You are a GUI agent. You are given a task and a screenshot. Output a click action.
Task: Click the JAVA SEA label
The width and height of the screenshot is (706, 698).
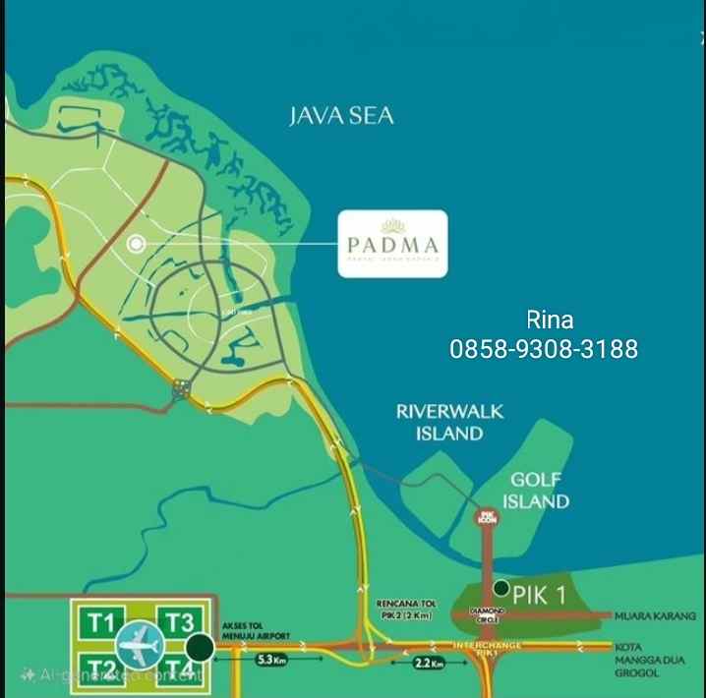coord(341,116)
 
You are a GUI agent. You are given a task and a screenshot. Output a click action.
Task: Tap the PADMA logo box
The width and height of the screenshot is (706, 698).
coord(392,244)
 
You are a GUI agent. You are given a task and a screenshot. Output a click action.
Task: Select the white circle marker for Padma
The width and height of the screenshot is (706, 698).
coord(136,243)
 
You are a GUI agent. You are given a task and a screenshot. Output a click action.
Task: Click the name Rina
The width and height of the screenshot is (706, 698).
coord(550,320)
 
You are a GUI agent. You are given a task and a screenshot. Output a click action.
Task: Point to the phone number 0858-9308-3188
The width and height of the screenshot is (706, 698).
coord(544,348)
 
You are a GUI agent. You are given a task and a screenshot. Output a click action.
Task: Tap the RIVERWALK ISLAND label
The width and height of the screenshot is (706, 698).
coord(449,422)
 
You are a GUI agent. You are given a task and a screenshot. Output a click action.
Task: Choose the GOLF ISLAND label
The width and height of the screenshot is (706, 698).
coord(536,491)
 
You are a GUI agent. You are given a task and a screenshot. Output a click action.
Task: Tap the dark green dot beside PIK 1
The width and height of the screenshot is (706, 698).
coord(501,589)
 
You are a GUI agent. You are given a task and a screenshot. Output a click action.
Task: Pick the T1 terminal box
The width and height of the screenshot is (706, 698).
coord(102,622)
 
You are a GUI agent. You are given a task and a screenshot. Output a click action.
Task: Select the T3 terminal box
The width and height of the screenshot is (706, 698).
coord(179,622)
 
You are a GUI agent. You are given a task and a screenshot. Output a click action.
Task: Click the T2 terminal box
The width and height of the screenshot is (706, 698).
coord(100,669)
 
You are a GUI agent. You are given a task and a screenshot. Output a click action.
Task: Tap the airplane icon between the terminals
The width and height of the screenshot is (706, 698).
coord(140,646)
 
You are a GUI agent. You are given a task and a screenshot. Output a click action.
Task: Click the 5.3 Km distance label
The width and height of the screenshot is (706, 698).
coord(271,661)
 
